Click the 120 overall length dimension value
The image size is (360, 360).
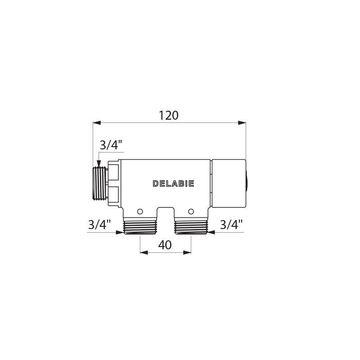[169, 116]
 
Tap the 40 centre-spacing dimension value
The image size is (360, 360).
[165, 245]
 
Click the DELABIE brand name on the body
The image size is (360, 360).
[173, 184]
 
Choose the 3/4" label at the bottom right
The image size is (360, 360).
[231, 225]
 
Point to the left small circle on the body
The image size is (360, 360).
[140, 211]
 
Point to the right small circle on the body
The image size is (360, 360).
[191, 211]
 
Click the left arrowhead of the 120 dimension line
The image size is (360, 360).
[96, 122]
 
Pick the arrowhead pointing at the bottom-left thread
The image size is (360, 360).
[119, 233]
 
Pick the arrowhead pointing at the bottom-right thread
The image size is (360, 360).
[211, 233]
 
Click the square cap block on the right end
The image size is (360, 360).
[228, 184]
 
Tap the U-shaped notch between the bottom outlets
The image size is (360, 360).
[165, 214]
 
